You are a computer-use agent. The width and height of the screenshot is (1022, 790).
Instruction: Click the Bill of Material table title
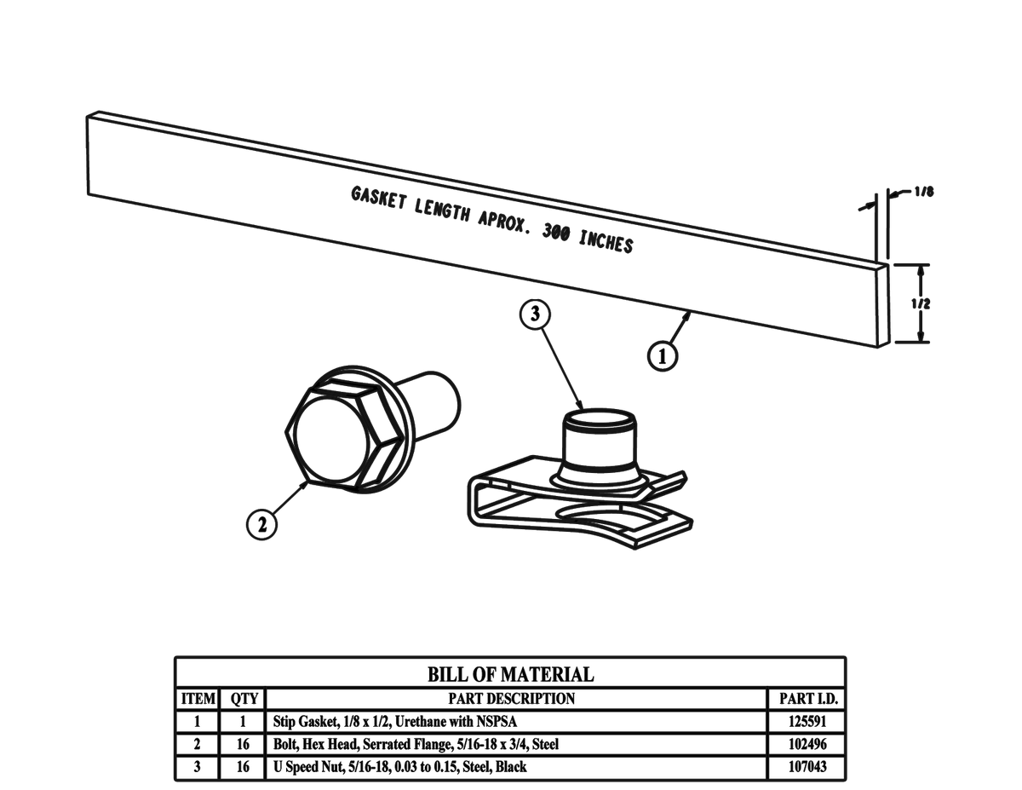510,675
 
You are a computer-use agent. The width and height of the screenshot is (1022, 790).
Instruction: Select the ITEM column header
198,699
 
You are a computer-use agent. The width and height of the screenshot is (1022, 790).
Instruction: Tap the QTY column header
244,699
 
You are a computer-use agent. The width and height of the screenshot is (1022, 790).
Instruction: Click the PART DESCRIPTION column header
511,699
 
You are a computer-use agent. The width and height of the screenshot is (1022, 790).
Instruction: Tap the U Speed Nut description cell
399,767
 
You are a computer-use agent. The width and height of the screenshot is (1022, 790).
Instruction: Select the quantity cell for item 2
244,744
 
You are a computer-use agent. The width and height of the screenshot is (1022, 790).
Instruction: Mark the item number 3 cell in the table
198,767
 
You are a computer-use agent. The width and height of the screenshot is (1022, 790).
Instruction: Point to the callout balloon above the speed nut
535,314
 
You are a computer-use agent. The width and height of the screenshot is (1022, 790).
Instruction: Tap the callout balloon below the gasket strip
663,355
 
